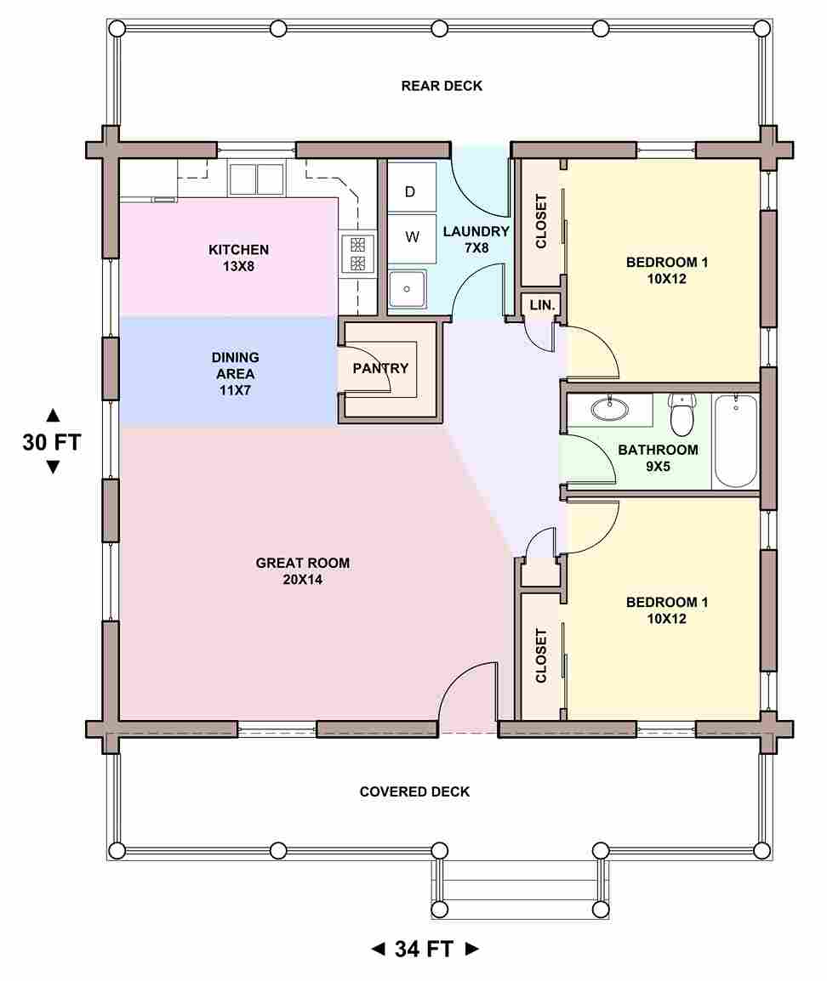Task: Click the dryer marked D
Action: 411,188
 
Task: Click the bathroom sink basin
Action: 610,409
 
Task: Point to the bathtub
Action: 736,440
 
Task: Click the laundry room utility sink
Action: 407,288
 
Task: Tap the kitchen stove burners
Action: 357,253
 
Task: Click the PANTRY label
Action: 380,368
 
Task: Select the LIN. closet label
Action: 542,305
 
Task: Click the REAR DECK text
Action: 442,86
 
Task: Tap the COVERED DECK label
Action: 414,791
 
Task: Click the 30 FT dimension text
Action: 52,442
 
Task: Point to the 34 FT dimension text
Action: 424,949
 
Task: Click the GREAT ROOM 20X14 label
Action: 302,571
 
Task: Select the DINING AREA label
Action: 236,373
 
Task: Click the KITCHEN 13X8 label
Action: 238,258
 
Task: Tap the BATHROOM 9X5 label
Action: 658,457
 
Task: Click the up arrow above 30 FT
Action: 54,415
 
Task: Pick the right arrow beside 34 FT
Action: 472,949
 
